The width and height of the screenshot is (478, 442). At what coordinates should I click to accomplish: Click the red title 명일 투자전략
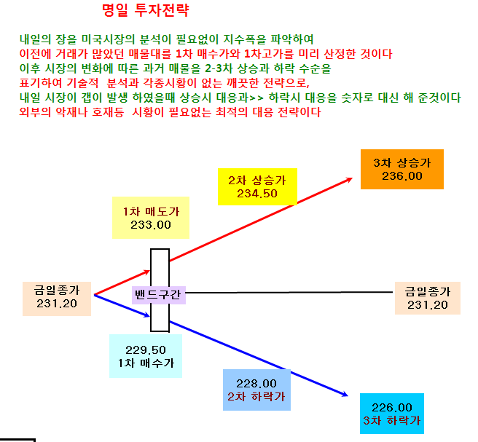tap(146, 10)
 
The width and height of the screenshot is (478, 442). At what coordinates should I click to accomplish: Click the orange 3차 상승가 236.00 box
tap(402, 169)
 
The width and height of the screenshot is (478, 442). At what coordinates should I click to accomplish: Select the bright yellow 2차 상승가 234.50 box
tap(257, 186)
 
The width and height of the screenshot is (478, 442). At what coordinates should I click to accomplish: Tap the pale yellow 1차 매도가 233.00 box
tap(151, 218)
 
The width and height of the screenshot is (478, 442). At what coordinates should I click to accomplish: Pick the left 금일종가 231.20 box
tap(57, 299)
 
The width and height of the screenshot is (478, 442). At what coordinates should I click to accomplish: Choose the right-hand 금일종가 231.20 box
tap(428, 298)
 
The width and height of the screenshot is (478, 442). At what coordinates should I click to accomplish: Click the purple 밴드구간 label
tap(159, 295)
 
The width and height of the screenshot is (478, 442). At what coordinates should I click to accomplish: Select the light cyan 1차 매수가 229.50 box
tap(146, 356)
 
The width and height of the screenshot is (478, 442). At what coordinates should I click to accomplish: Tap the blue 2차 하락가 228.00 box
tap(256, 390)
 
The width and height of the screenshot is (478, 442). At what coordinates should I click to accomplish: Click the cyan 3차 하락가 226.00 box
tap(392, 414)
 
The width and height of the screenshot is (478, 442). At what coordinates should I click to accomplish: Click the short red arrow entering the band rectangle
tap(122, 283)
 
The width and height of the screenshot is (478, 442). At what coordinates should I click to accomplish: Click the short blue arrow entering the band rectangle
tap(122, 306)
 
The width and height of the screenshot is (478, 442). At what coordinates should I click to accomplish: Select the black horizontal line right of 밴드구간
tap(289, 293)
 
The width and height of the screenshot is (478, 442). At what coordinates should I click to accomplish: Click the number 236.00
tap(402, 176)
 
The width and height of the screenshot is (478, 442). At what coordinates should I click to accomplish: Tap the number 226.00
tap(392, 407)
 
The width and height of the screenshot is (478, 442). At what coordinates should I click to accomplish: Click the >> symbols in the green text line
tap(256, 98)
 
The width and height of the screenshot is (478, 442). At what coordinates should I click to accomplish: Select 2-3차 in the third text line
tap(219, 68)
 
